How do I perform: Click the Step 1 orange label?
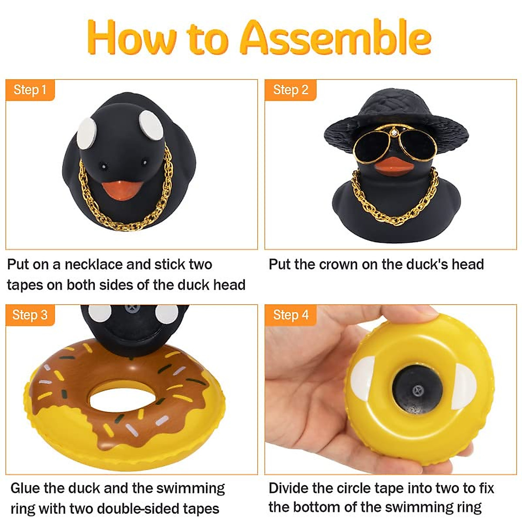(30, 90)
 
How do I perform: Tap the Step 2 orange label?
(290, 90)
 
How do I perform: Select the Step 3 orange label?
(30, 315)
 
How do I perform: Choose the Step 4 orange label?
(290, 315)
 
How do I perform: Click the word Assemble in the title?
(335, 38)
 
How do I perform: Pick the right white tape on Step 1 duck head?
(151, 123)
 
